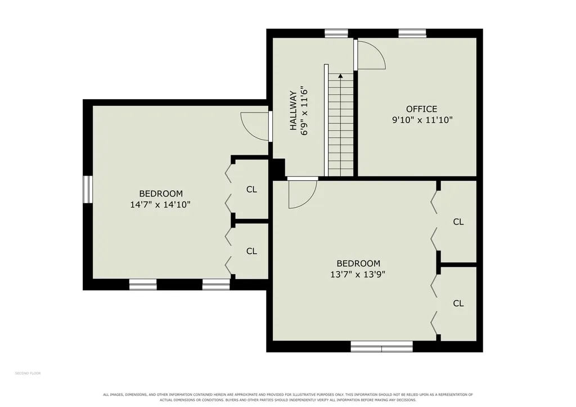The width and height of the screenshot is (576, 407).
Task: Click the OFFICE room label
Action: [421, 109]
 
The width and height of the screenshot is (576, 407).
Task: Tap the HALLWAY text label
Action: [293, 110]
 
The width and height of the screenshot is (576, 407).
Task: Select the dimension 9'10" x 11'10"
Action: [422, 120]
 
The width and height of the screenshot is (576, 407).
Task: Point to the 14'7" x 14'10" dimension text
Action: [160, 204]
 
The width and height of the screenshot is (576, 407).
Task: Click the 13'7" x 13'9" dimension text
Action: [358, 274]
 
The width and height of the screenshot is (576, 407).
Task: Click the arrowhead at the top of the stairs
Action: [340, 76]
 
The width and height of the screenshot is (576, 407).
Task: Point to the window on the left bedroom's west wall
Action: [87, 189]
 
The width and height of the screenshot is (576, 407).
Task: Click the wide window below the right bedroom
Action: [382, 346]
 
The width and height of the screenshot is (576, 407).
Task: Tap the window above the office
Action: [412, 33]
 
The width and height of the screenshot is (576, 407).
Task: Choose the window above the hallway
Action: [336, 33]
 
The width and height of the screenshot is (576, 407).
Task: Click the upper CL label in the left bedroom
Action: [251, 189]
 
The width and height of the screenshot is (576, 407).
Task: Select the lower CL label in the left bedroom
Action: [251, 251]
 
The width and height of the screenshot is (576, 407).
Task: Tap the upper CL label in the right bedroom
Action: [458, 222]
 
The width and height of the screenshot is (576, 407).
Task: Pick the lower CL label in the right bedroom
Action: [458, 303]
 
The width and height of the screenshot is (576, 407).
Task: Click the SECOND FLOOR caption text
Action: [28, 373]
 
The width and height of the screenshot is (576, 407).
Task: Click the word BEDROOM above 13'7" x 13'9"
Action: [358, 263]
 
